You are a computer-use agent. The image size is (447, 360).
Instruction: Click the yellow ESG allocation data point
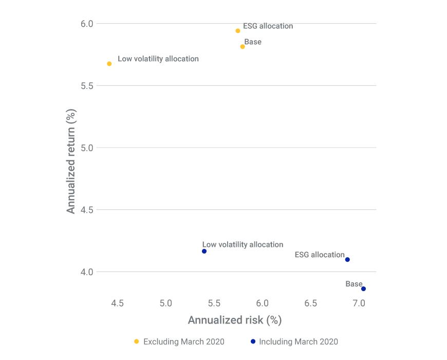(238, 31)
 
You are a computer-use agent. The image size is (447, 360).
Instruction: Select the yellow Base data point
(243, 47)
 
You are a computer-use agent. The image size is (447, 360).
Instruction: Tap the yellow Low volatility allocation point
(109, 64)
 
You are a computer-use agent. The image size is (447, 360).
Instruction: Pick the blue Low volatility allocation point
(204, 251)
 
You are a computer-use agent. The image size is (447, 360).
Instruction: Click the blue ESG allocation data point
(348, 260)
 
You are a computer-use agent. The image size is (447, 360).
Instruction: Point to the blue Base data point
(364, 289)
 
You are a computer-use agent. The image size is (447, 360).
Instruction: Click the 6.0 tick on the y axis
(87, 24)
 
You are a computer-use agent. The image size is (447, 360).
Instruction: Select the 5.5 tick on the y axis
(87, 86)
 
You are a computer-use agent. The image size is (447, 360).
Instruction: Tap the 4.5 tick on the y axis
(87, 210)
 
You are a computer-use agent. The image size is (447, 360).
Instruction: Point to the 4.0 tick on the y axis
(87, 272)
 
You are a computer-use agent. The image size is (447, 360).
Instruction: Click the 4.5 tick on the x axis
(118, 303)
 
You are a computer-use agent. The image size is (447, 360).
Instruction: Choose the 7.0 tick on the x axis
(359, 303)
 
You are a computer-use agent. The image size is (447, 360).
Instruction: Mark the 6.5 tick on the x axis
(311, 303)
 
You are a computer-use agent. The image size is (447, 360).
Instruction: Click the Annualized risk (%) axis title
(235, 320)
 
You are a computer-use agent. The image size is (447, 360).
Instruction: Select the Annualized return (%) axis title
(71, 160)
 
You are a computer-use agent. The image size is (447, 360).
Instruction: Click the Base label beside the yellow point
(253, 42)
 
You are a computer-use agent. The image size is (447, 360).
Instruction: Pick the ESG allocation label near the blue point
(320, 255)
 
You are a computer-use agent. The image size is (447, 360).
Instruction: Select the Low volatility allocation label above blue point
(243, 245)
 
